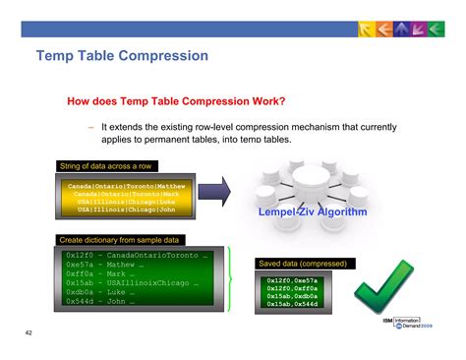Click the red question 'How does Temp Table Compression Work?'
pyautogui.click(x=175, y=101)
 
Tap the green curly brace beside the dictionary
pyautogui.click(x=231, y=278)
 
